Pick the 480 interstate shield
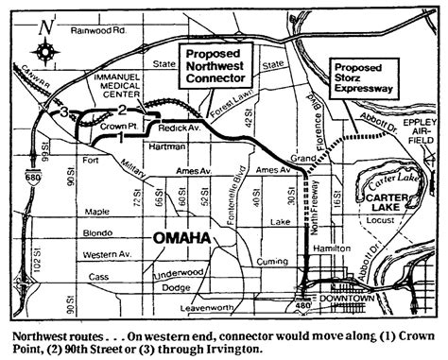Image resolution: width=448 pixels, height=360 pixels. [299, 305]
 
